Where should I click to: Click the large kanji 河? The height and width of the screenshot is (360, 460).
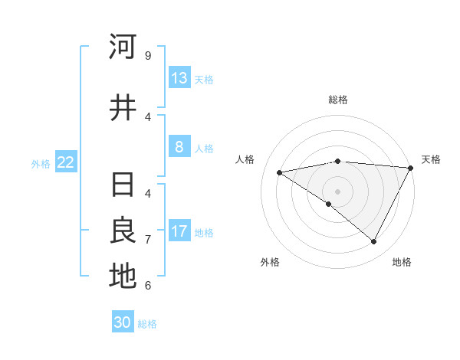click(123, 47)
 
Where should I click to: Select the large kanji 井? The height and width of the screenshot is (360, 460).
click(123, 108)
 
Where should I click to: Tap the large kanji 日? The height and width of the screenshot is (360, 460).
click(123, 185)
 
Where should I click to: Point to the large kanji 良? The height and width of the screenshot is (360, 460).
click(123, 231)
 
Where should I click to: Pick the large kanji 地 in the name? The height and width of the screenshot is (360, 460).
click(123, 277)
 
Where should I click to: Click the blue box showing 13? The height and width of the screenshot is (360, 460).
click(179, 78)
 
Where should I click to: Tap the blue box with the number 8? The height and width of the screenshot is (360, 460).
click(179, 147)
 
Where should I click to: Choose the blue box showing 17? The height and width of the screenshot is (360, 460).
click(179, 231)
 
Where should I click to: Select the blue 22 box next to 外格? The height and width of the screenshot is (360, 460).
click(66, 162)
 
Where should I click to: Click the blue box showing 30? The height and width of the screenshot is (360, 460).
click(123, 322)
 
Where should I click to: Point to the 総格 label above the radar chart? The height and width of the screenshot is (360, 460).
click(337, 100)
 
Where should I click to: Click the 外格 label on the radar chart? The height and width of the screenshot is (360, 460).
click(270, 262)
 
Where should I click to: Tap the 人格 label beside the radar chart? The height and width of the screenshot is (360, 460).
click(245, 159)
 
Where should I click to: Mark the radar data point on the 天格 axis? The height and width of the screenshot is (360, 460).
click(411, 168)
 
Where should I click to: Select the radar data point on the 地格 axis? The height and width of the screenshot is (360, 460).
click(374, 242)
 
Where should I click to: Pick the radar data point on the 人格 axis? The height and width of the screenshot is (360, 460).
click(280, 172)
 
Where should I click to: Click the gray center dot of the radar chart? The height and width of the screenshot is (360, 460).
click(337, 191)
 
